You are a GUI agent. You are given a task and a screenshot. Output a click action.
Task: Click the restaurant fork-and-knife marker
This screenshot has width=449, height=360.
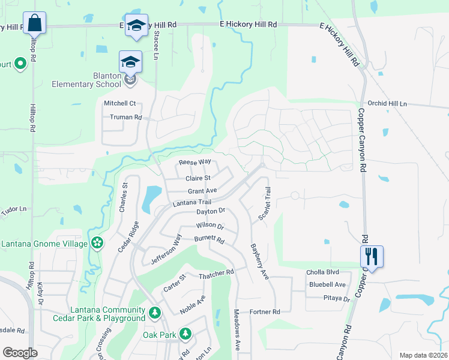point(372,257)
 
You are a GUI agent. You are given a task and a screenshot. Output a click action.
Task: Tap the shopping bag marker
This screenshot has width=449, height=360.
point(35,25)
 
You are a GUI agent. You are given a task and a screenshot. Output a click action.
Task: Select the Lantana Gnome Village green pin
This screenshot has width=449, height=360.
point(97,242)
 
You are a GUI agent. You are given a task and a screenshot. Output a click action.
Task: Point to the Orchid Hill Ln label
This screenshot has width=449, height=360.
point(387,103)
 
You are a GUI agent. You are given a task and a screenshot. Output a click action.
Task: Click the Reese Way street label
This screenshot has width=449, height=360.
point(194,162)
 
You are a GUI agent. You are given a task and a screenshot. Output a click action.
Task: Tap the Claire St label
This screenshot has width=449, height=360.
point(198,178)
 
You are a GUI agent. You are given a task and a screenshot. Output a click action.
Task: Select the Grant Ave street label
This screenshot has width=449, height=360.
point(202,191)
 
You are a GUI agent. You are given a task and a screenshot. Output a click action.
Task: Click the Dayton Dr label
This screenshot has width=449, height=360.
point(210,211)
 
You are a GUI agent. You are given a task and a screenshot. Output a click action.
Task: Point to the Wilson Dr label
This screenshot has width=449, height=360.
point(209,226)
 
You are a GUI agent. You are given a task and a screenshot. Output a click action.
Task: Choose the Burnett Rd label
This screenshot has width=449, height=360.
point(208,239)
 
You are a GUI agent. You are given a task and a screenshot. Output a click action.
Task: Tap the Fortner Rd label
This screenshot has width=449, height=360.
point(265,311)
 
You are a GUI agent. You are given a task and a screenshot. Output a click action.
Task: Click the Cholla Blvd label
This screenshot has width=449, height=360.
point(324,272)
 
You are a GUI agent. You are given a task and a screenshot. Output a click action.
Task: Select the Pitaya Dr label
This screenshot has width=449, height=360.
point(336,298)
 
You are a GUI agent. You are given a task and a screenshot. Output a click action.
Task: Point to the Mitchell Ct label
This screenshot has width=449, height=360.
point(120,103)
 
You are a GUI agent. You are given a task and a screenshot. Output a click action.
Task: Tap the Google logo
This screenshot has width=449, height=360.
point(20,353)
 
